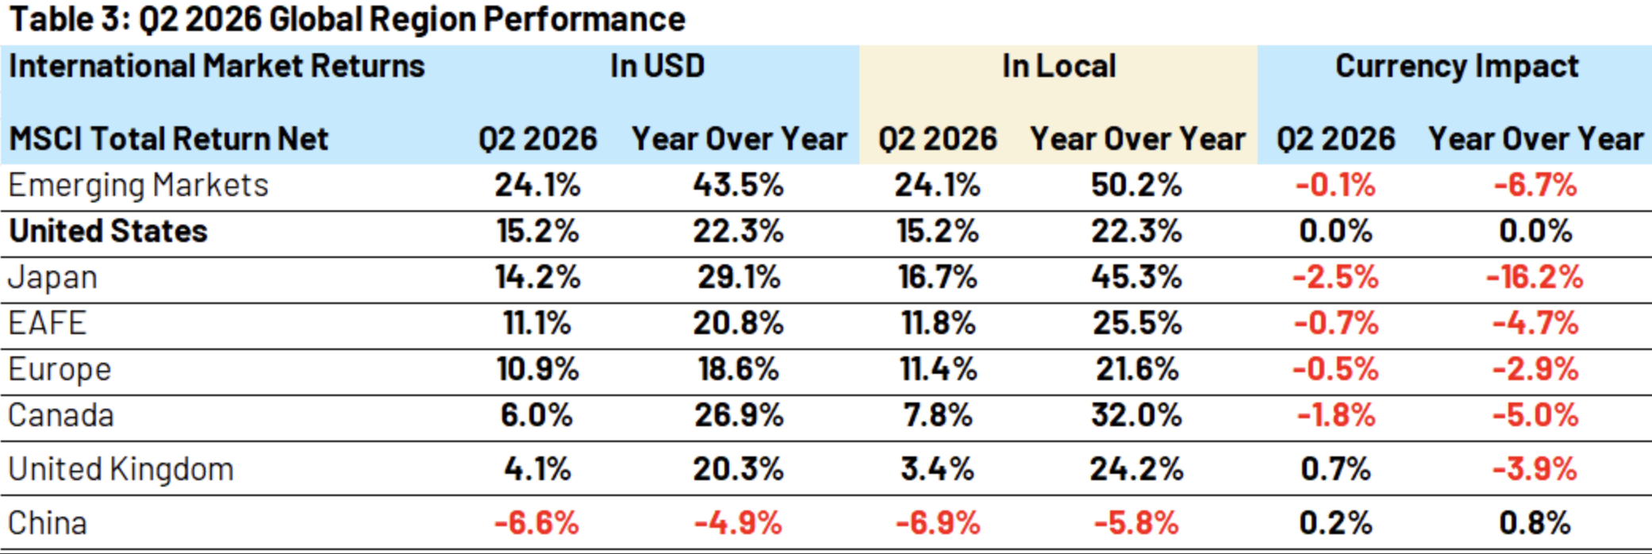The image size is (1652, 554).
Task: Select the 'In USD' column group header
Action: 657,66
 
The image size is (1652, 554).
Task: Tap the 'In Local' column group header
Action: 1058,66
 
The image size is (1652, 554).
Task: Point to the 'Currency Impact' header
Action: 1457,67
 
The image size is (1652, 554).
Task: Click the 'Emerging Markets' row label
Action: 138,186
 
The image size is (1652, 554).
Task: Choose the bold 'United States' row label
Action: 108,231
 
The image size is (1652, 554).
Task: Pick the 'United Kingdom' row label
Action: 121,470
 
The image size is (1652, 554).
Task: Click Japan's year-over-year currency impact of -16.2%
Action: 1535,277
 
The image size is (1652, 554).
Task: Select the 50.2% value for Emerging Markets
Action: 1136,185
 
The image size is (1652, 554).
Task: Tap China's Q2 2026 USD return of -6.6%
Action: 536,523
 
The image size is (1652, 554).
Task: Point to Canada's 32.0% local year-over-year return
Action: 1136,415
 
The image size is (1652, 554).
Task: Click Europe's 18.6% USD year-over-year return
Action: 738,369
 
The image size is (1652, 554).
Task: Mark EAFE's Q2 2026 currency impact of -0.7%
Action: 1335,323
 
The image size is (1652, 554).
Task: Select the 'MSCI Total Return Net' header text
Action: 168,139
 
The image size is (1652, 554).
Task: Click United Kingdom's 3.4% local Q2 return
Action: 937,469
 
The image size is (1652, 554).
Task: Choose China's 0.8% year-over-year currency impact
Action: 1535,523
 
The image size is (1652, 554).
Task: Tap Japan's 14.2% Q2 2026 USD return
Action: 537,277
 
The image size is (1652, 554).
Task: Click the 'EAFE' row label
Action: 47,323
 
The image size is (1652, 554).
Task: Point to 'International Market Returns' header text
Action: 217,66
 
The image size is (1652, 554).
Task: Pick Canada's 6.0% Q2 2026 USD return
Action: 536,415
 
